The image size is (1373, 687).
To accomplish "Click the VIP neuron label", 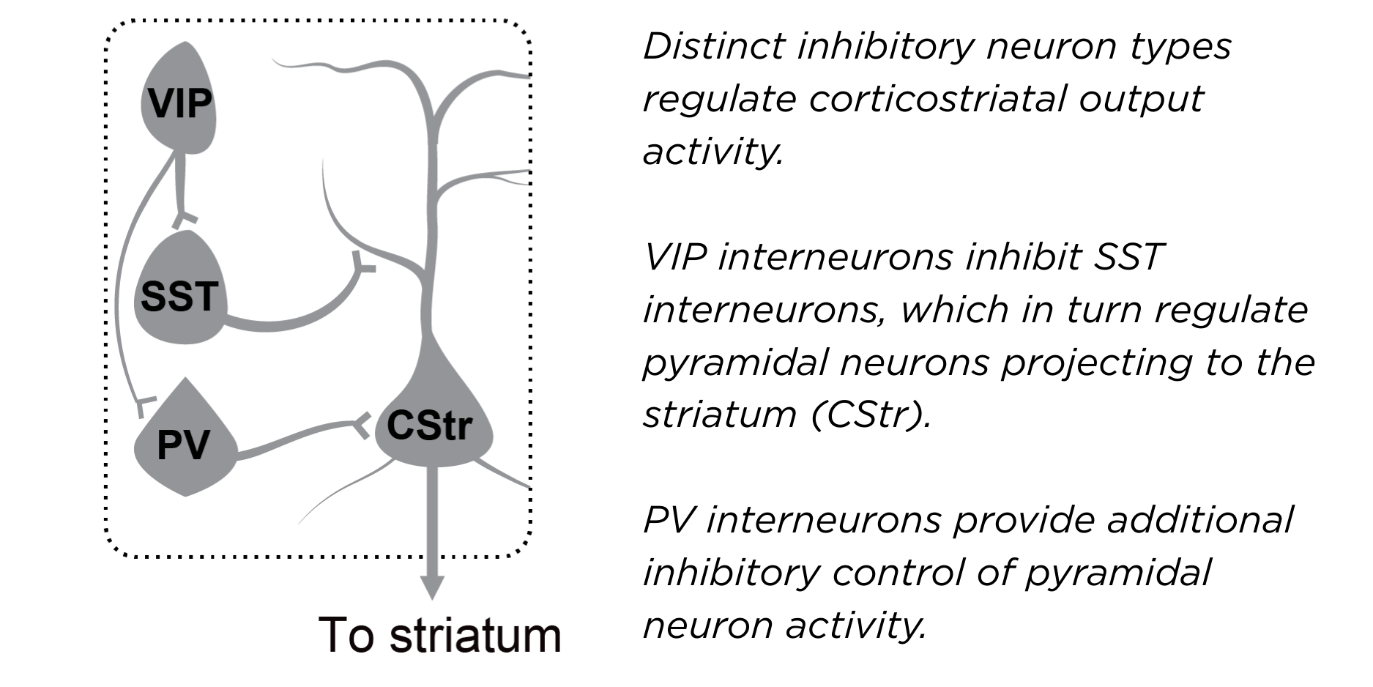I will point(179,103).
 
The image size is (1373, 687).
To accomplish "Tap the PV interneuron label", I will point(183,444).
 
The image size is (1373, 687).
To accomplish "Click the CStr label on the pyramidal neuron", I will point(430,425).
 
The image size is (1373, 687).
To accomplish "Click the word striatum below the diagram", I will point(475,635).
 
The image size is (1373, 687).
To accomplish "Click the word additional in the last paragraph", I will point(1200,520).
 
